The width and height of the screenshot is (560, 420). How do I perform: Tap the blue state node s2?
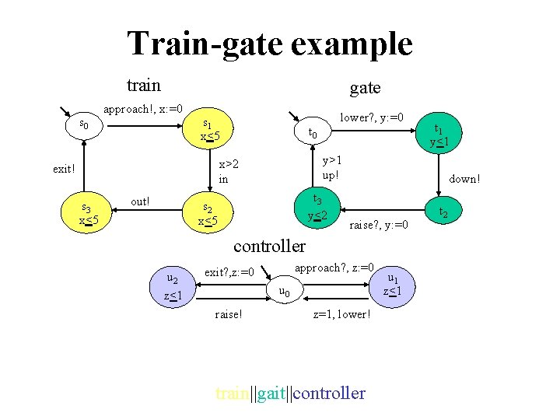coord(208,214)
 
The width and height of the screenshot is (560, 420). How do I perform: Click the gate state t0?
coord(313,133)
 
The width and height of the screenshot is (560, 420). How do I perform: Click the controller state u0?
coord(285,292)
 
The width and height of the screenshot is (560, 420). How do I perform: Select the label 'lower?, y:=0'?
coord(373,117)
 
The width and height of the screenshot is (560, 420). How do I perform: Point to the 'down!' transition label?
coord(465,179)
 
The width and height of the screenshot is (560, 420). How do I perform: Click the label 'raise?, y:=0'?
coord(379,225)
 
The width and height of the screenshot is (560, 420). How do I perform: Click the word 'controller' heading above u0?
coord(270,246)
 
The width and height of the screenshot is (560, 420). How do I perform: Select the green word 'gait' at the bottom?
coord(271,393)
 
